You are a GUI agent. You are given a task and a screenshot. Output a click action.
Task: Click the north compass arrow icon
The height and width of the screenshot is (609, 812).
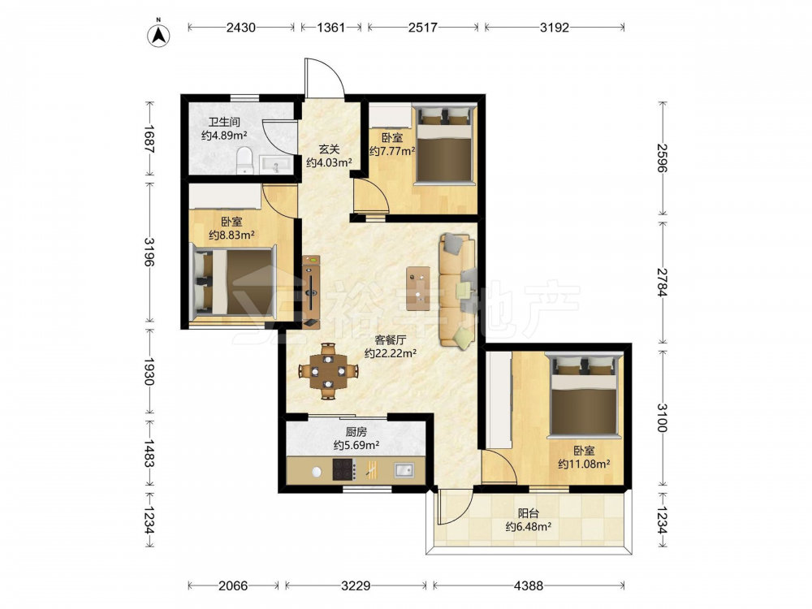click(x=159, y=35)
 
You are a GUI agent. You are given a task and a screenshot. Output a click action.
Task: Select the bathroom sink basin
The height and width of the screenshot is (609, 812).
click(x=276, y=165)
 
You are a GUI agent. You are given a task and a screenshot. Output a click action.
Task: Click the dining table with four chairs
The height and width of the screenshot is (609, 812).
click(x=328, y=371)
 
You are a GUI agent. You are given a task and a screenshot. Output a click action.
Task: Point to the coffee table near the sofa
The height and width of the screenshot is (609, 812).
click(x=418, y=288)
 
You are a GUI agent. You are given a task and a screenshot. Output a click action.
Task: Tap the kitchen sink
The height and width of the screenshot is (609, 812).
click(x=404, y=470)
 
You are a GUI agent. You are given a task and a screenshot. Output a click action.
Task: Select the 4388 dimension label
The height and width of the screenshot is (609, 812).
click(x=529, y=585)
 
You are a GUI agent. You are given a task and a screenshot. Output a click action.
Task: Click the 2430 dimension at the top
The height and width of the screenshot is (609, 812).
click(x=241, y=27)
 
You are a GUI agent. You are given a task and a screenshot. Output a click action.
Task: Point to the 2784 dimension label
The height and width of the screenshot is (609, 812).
click(x=662, y=283)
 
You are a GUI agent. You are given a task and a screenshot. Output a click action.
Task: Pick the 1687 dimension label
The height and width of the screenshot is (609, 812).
click(x=149, y=139)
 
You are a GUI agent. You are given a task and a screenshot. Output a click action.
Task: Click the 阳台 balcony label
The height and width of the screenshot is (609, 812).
click(x=529, y=513)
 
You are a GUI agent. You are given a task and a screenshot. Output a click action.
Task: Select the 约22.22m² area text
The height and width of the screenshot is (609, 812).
click(x=391, y=353)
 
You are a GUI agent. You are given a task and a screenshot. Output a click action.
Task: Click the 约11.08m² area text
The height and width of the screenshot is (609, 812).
click(x=584, y=464)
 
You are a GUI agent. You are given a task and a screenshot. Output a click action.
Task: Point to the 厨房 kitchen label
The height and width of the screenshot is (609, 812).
click(x=356, y=431)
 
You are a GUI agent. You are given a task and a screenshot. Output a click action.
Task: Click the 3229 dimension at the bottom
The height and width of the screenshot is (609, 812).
click(x=356, y=585)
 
